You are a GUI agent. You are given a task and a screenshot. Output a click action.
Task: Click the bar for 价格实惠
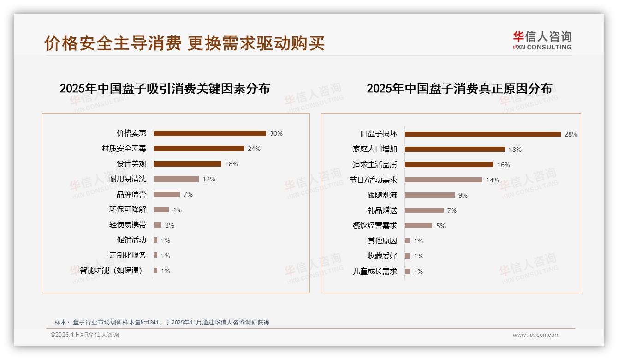pyautogui.click(x=210, y=133)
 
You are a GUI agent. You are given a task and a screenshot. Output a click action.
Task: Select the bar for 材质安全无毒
pyautogui.click(x=199, y=149)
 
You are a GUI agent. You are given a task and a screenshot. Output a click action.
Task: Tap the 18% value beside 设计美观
pyautogui.click(x=232, y=164)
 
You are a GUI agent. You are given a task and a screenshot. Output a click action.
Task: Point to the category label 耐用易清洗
pyautogui.click(x=128, y=179)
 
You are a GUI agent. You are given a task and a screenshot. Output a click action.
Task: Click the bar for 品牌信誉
pyautogui.click(x=167, y=194)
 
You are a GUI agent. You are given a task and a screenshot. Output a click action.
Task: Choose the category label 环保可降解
pyautogui.click(x=128, y=210)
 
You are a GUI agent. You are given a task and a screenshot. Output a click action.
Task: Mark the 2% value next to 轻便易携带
pyautogui.click(x=170, y=225)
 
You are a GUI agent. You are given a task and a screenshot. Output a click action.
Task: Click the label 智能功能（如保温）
pyautogui.click(x=111, y=270)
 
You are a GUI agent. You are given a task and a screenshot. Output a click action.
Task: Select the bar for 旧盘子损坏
pyautogui.click(x=482, y=134)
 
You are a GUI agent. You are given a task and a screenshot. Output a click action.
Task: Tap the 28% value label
pyautogui.click(x=570, y=134)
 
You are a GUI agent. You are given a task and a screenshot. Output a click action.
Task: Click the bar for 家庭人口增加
pyautogui.click(x=455, y=149)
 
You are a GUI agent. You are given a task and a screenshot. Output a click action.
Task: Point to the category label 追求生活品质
pyautogui.click(x=375, y=164)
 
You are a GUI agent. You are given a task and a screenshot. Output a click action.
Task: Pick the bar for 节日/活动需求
pyautogui.click(x=444, y=180)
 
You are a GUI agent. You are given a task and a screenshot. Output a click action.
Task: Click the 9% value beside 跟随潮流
pyautogui.click(x=463, y=195)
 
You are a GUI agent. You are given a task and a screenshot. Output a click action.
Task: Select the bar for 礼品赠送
pyautogui.click(x=424, y=210)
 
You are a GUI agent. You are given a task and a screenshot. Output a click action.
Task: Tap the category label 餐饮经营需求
pyautogui.click(x=375, y=226)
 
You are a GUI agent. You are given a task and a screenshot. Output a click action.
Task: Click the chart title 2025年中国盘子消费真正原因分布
pyautogui.click(x=459, y=89)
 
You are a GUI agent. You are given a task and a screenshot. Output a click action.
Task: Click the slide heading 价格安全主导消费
pyautogui.click(x=113, y=43)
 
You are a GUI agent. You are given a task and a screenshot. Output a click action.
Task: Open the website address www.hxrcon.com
pyautogui.click(x=536, y=335)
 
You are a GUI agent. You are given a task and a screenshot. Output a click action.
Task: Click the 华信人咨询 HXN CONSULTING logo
pyautogui.click(x=542, y=41)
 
